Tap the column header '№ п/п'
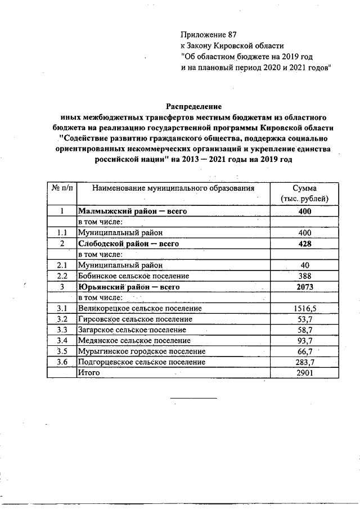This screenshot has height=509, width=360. [61, 188]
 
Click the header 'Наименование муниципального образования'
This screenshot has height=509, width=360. [173, 188]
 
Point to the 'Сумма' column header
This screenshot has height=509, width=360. [304, 188]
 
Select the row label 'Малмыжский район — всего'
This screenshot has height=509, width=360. [132, 212]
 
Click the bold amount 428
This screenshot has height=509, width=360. [304, 244]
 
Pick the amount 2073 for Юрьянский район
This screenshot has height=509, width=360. [304, 287]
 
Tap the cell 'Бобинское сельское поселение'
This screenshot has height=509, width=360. [133, 276]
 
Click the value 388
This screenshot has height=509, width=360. [304, 276]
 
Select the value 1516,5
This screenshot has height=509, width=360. [304, 308]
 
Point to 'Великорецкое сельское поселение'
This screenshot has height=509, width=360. [140, 308]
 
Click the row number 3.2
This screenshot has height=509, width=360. [62, 319]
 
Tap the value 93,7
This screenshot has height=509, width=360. [304, 340]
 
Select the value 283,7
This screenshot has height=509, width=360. [304, 362]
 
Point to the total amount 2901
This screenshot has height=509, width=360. [304, 372]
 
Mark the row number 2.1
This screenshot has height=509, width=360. [62, 265]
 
